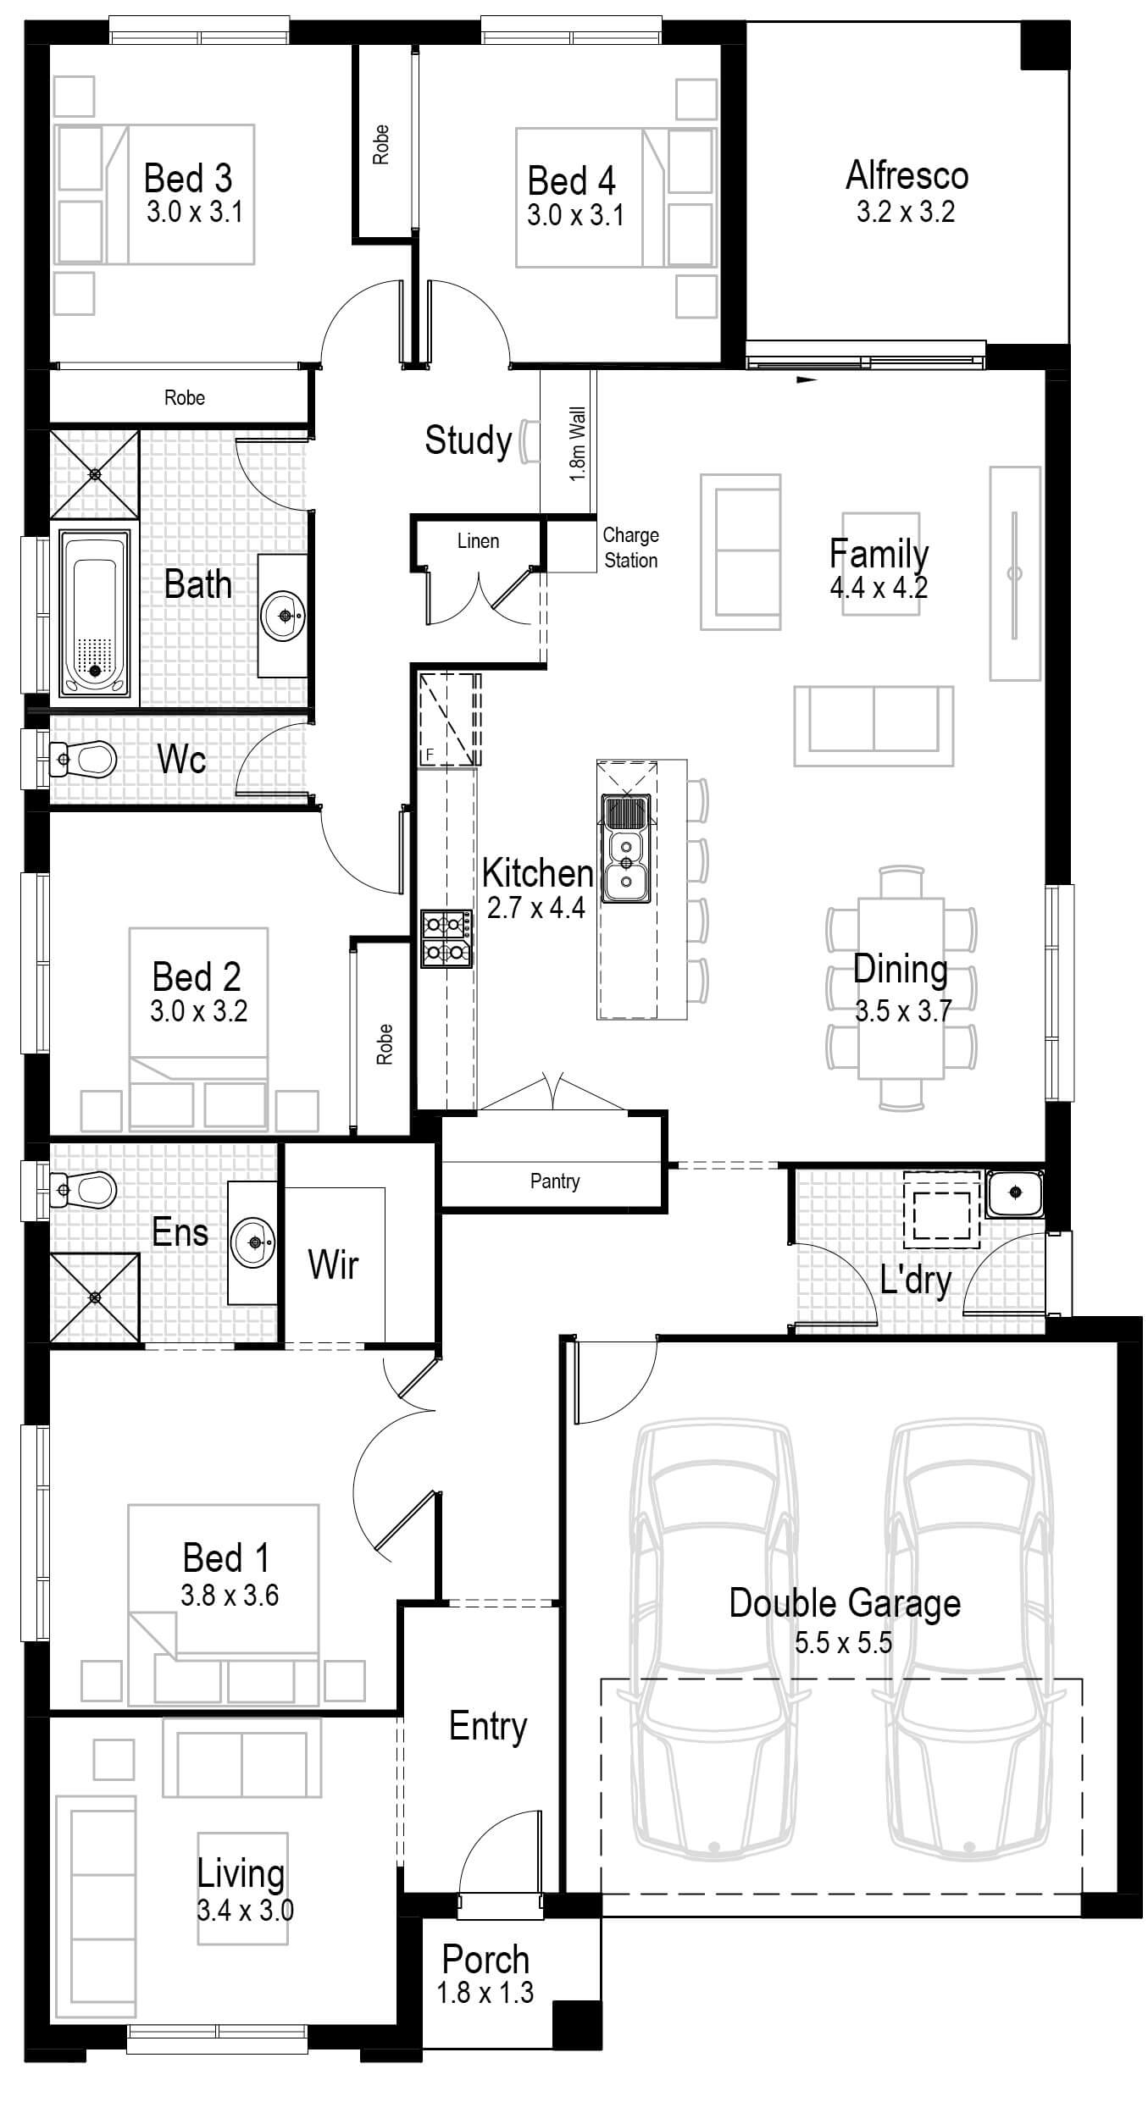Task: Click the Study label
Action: pyautogui.click(x=468, y=440)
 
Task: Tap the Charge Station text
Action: pyautogui.click(x=630, y=547)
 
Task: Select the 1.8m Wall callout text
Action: pyautogui.click(x=577, y=444)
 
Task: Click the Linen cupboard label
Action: pyautogui.click(x=478, y=541)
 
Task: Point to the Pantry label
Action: pyautogui.click(x=555, y=1181)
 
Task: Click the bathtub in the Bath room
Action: pyautogui.click(x=94, y=614)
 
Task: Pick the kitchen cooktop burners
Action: pyautogui.click(x=446, y=938)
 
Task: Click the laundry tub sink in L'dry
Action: pyautogui.click(x=1015, y=1192)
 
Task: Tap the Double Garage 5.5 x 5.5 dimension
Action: pyautogui.click(x=843, y=1643)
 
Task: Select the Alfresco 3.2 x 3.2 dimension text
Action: pyautogui.click(x=905, y=211)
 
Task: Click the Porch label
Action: pyautogui.click(x=485, y=1960)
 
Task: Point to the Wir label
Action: pyautogui.click(x=333, y=1264)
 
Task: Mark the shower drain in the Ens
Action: pyautogui.click(x=95, y=1297)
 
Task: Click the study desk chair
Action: pyautogui.click(x=529, y=441)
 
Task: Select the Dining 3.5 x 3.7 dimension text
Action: pyautogui.click(x=903, y=1010)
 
